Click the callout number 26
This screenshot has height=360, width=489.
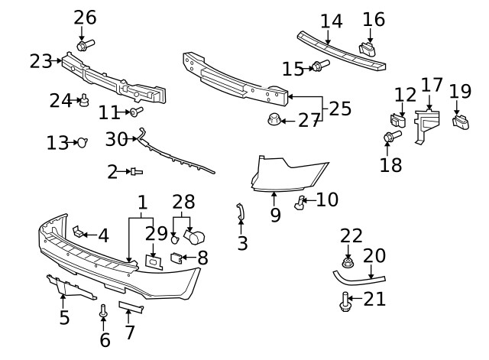[86, 17]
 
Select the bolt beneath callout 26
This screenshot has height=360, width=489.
[85, 44]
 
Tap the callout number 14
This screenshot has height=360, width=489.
[332, 21]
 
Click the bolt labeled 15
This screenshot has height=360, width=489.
[316, 68]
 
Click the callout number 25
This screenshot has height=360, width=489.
[340, 109]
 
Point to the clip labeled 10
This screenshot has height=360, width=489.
[300, 203]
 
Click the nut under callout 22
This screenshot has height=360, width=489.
[348, 263]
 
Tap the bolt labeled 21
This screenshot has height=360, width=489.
[345, 303]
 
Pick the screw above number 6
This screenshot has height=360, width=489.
[103, 310]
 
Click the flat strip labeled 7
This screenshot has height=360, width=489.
[131, 307]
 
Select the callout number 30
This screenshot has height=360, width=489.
[116, 139]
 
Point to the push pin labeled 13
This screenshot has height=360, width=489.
[83, 142]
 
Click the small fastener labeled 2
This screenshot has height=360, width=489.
[135, 172]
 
